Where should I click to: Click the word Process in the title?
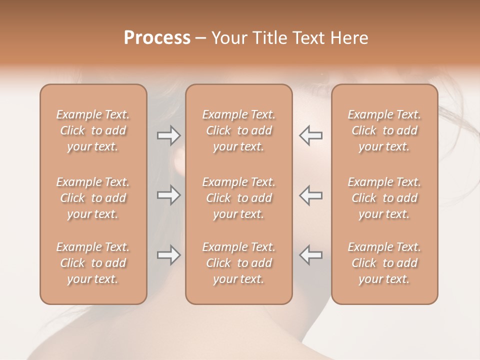(157, 38)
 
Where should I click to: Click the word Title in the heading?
(270, 38)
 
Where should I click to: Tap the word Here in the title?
(350, 38)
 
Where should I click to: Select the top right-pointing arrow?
(168, 135)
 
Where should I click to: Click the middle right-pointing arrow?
(168, 195)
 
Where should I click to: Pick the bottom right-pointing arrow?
(168, 255)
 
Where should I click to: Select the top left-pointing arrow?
(311, 135)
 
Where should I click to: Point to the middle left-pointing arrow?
(311, 195)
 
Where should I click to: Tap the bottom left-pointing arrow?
(311, 255)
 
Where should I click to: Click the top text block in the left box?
(93, 130)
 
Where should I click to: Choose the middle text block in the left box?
(93, 198)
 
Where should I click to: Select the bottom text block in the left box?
(93, 263)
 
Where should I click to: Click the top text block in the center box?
(238, 130)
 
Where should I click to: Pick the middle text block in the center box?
(238, 198)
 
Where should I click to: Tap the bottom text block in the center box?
(238, 263)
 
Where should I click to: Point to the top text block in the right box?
(384, 130)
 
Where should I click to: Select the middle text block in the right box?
(384, 198)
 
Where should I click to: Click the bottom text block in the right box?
(384, 263)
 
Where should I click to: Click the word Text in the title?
(311, 38)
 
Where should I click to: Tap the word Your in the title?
(228, 38)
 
